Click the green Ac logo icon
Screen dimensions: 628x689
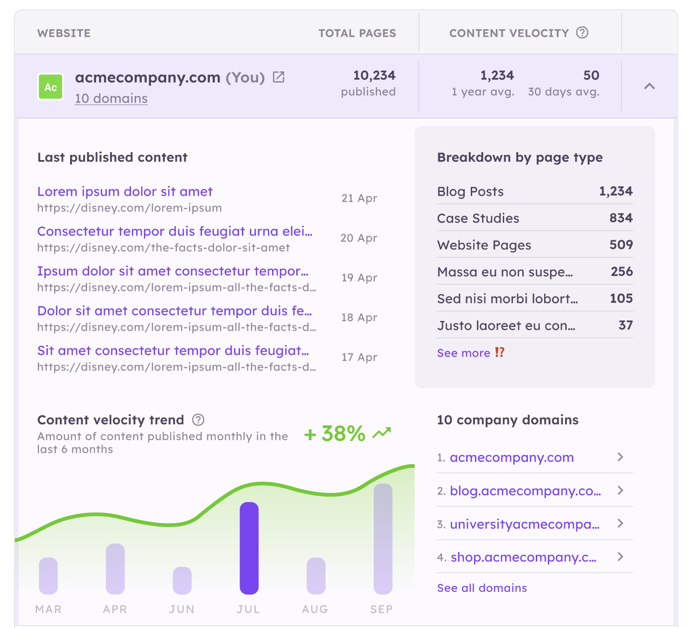[50, 87]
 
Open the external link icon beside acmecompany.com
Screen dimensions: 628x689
[279, 77]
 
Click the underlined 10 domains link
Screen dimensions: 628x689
[111, 98]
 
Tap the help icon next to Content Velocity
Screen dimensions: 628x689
[582, 33]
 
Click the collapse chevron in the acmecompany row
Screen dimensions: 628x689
[650, 86]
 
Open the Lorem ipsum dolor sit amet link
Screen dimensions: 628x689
[125, 192]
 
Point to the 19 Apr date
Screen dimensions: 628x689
[359, 278]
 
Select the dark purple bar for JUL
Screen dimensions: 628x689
[249, 548]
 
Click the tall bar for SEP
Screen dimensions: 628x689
[383, 538]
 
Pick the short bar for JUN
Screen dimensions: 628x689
[182, 580]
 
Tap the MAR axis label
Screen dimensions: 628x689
[48, 609]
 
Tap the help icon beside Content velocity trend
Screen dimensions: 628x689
[198, 420]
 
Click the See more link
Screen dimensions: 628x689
[463, 353]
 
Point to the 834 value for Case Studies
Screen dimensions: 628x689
[621, 218]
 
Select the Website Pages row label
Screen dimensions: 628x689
[484, 245]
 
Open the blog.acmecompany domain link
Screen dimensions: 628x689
[525, 491]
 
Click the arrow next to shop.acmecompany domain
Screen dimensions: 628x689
[620, 557]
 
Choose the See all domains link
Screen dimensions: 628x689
[482, 588]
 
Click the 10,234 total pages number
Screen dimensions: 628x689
[374, 76]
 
